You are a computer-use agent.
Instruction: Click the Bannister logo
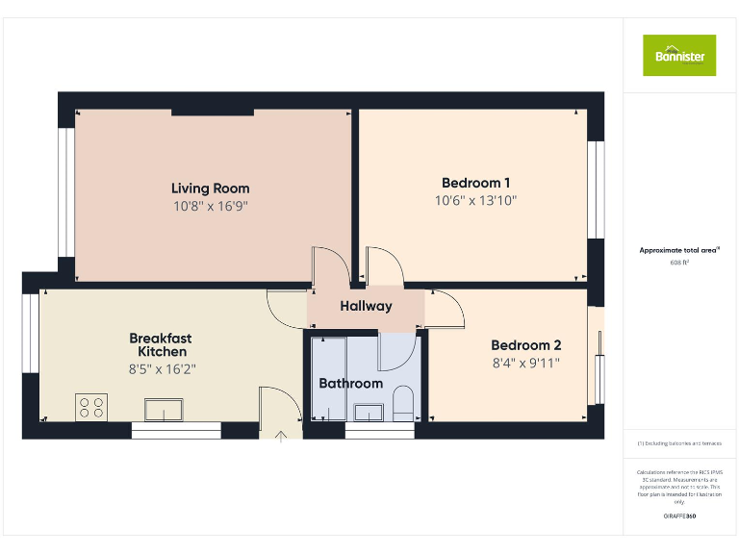point(679,55)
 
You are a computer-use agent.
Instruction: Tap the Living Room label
point(211,189)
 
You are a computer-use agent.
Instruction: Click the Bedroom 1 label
point(475,183)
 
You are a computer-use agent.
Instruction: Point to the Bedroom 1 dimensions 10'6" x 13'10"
point(475,201)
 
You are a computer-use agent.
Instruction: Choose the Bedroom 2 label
point(525,345)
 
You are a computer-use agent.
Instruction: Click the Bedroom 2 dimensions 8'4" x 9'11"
point(525,363)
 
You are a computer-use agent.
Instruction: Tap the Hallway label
point(366,307)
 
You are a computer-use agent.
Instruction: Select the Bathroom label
point(350,383)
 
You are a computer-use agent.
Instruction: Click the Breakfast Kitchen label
point(161,344)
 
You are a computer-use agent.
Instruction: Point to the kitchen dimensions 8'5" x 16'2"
point(161,368)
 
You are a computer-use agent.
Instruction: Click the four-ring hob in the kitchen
point(91,408)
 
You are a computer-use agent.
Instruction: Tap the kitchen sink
point(166,410)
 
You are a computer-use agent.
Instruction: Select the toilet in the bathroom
point(403,405)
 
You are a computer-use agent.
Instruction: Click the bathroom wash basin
point(369,413)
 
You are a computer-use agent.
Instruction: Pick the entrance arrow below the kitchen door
point(281,436)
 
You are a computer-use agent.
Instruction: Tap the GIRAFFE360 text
point(679,516)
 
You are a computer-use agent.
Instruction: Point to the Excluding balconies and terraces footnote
point(679,443)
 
